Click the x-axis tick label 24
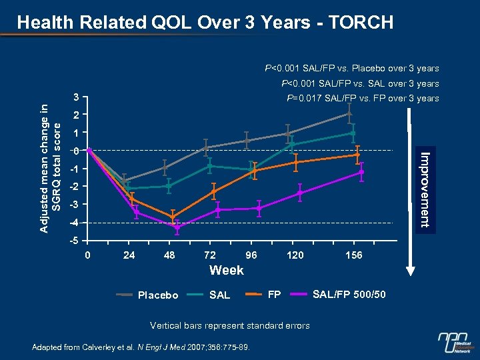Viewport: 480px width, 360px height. pos(129,255)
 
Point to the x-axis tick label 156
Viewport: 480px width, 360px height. pos(354,255)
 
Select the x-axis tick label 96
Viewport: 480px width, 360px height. pos(251,255)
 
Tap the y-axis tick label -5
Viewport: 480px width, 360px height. pos(77,241)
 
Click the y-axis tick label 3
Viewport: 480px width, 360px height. pos(77,98)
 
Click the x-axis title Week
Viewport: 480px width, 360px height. pos(227,271)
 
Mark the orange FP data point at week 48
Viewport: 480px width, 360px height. pos(173,217)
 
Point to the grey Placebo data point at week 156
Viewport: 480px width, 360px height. pos(349,113)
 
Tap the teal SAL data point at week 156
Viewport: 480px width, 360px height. pos(353,133)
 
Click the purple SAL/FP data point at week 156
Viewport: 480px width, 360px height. pos(361,172)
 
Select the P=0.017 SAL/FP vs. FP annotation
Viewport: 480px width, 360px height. pos(363,99)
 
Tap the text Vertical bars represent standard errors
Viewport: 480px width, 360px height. pos(229,325)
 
